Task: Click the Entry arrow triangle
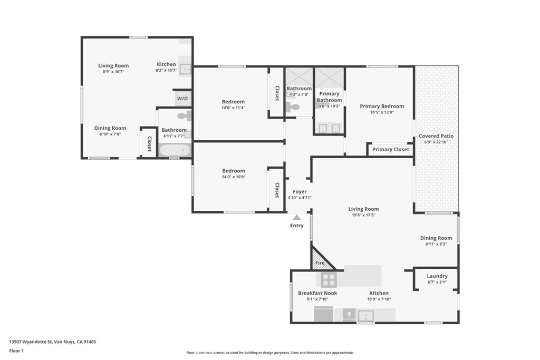pyautogui.click(x=297, y=217)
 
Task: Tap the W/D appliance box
pyautogui.click(x=182, y=98)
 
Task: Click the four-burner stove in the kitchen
pyautogui.click(x=329, y=279)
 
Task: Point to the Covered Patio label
pyautogui.click(x=436, y=136)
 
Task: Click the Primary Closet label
pyautogui.click(x=390, y=150)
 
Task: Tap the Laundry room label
pyautogui.click(x=437, y=276)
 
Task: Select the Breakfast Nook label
pyautogui.click(x=317, y=293)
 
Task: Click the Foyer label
pyautogui.click(x=300, y=192)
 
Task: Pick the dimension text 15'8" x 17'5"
pyautogui.click(x=363, y=215)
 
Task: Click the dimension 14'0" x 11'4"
pyautogui.click(x=233, y=108)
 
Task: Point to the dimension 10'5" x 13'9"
pyautogui.click(x=382, y=112)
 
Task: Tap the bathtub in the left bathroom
pyautogui.click(x=175, y=151)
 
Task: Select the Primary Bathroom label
pyautogui.click(x=329, y=97)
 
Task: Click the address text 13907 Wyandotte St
pyautogui.click(x=53, y=342)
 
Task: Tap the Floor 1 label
pyautogui.click(x=17, y=350)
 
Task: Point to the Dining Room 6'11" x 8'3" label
pyautogui.click(x=436, y=238)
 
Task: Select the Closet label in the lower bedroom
pyautogui.click(x=276, y=190)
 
